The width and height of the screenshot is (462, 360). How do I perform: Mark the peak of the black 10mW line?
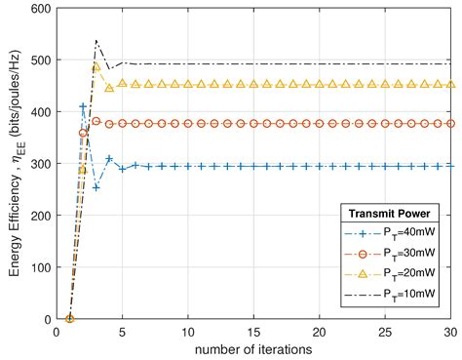tap(96, 41)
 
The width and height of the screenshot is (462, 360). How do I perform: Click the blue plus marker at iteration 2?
tap(83, 106)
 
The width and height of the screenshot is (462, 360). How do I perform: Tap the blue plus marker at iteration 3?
tap(96, 187)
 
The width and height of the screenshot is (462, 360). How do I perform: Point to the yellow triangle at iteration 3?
tap(96, 67)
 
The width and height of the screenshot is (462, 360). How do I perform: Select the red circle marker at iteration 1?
tap(69, 319)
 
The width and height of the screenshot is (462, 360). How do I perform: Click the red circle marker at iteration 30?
tap(450, 124)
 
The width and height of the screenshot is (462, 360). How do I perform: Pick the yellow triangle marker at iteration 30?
tap(450, 85)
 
